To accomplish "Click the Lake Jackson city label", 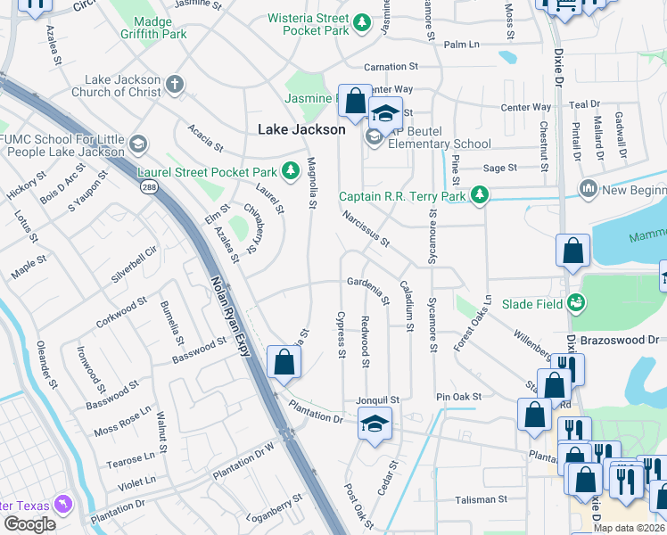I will (301, 129).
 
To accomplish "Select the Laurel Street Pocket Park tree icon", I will (289, 169).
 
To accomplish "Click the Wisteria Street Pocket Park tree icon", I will (361, 22).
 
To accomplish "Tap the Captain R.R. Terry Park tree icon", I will (480, 195).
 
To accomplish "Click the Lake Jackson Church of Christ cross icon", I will (175, 85).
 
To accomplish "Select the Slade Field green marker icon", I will (577, 304).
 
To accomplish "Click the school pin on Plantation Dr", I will (375, 424).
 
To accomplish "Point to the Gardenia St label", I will (368, 290).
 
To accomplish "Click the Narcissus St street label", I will (366, 228).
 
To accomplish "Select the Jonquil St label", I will (377, 401).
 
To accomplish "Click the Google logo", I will (29, 523).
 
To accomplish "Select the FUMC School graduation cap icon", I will (137, 144).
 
